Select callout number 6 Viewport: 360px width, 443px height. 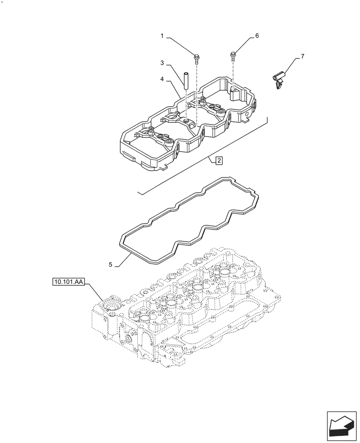click(256, 35)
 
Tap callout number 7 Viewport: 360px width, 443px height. click(302, 56)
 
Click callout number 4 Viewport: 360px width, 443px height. click(163, 79)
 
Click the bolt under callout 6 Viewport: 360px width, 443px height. click(233, 55)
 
